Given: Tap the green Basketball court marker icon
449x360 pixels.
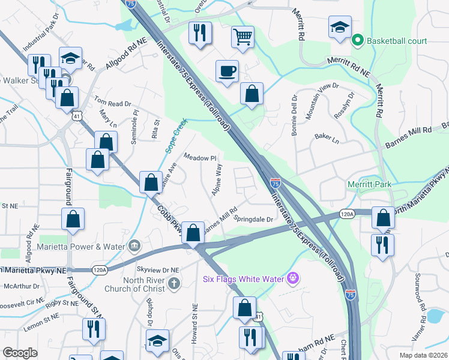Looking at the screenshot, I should click(x=358, y=41).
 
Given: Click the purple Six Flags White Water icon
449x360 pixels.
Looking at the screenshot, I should click(x=293, y=278).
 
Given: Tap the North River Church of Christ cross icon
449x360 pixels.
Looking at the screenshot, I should click(x=174, y=283).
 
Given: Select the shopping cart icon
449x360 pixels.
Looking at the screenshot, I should click(x=243, y=37).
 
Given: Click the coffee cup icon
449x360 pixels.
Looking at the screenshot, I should click(x=227, y=71).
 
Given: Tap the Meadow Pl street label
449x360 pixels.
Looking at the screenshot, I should click(x=199, y=158).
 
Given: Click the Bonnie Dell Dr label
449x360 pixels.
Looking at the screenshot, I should click(x=295, y=116).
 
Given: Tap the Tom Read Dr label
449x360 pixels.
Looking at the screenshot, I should click(x=112, y=104).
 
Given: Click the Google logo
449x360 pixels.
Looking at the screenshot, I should click(x=20, y=352).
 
